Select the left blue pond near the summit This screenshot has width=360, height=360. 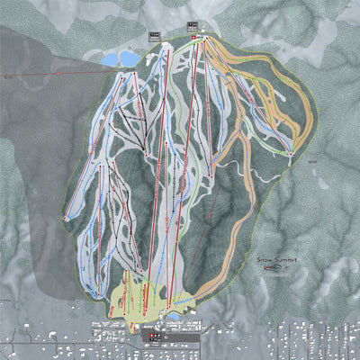tap(112, 60)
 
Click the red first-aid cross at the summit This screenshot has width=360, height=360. tap(192, 39)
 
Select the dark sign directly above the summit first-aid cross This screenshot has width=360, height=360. tap(192, 25)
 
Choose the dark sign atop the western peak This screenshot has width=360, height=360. tap(154, 36)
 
